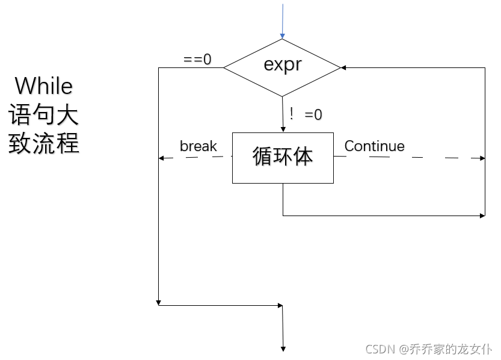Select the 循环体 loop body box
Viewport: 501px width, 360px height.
[x=283, y=158]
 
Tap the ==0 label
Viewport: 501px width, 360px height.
[x=197, y=60]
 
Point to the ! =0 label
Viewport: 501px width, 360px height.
[x=305, y=114]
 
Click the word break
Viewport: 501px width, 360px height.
[x=198, y=146]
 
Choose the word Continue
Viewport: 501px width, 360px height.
[x=374, y=146]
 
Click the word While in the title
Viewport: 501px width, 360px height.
[x=43, y=86]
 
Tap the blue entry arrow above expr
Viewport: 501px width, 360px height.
[x=282, y=24]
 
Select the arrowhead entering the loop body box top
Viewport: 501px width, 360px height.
[x=283, y=128]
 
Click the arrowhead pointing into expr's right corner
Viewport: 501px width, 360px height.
[x=345, y=67]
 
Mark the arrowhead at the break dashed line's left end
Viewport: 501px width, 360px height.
[x=161, y=158]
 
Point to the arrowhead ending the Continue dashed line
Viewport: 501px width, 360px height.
[x=482, y=158]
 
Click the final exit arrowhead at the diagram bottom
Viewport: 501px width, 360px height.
[x=283, y=347]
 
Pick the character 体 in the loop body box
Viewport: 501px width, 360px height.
[x=303, y=157]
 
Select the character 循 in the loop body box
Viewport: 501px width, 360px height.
[x=263, y=157]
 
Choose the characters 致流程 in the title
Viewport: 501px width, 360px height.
[x=43, y=143]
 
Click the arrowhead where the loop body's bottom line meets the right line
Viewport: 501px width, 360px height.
[x=482, y=215]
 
